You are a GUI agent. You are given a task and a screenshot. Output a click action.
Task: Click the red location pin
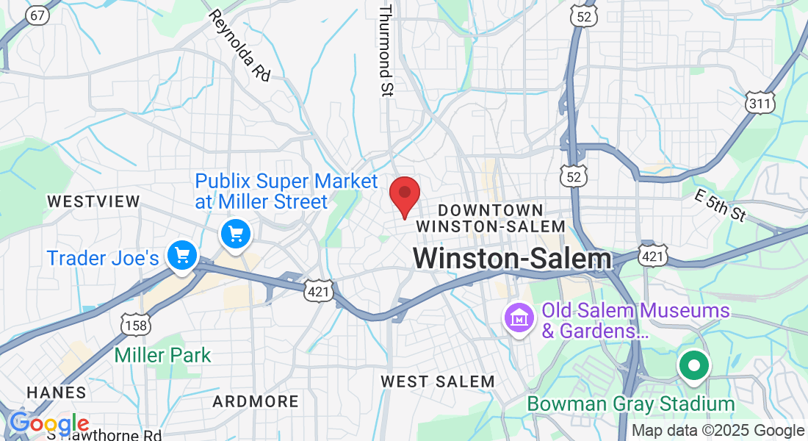tap(404, 195)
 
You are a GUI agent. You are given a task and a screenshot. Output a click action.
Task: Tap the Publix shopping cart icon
tap(236, 235)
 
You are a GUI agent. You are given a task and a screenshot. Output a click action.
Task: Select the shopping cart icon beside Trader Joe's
tap(181, 256)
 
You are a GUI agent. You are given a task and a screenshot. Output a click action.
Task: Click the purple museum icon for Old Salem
tap(519, 319)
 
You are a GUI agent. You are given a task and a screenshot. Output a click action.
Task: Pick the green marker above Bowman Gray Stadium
tap(693, 366)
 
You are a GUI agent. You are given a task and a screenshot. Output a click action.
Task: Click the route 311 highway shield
tap(760, 103)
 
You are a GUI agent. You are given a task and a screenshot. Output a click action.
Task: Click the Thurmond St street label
tap(386, 50)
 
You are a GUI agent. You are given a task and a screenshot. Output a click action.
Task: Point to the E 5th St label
tap(720, 205)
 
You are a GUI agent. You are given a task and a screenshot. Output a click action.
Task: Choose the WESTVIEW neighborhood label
tap(93, 201)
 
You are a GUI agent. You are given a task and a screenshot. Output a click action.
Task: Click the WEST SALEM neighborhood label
tap(438, 381)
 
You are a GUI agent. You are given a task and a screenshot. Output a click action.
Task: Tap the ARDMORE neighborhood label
tap(256, 402)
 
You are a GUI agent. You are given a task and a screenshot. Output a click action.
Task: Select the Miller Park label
tap(162, 356)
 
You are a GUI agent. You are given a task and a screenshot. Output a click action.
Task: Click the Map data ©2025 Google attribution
tap(718, 431)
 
